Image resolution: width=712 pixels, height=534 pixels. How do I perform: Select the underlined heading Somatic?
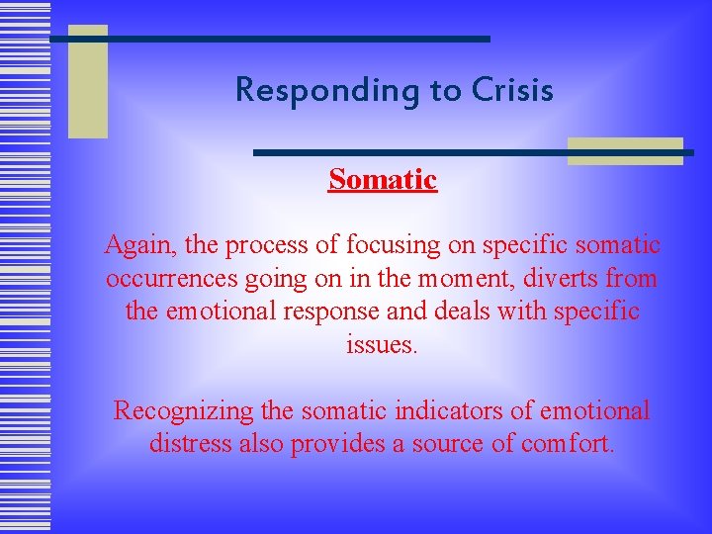point(383,179)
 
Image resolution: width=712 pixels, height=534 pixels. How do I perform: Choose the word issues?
point(383,345)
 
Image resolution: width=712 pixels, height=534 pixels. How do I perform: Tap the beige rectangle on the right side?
point(625,150)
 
